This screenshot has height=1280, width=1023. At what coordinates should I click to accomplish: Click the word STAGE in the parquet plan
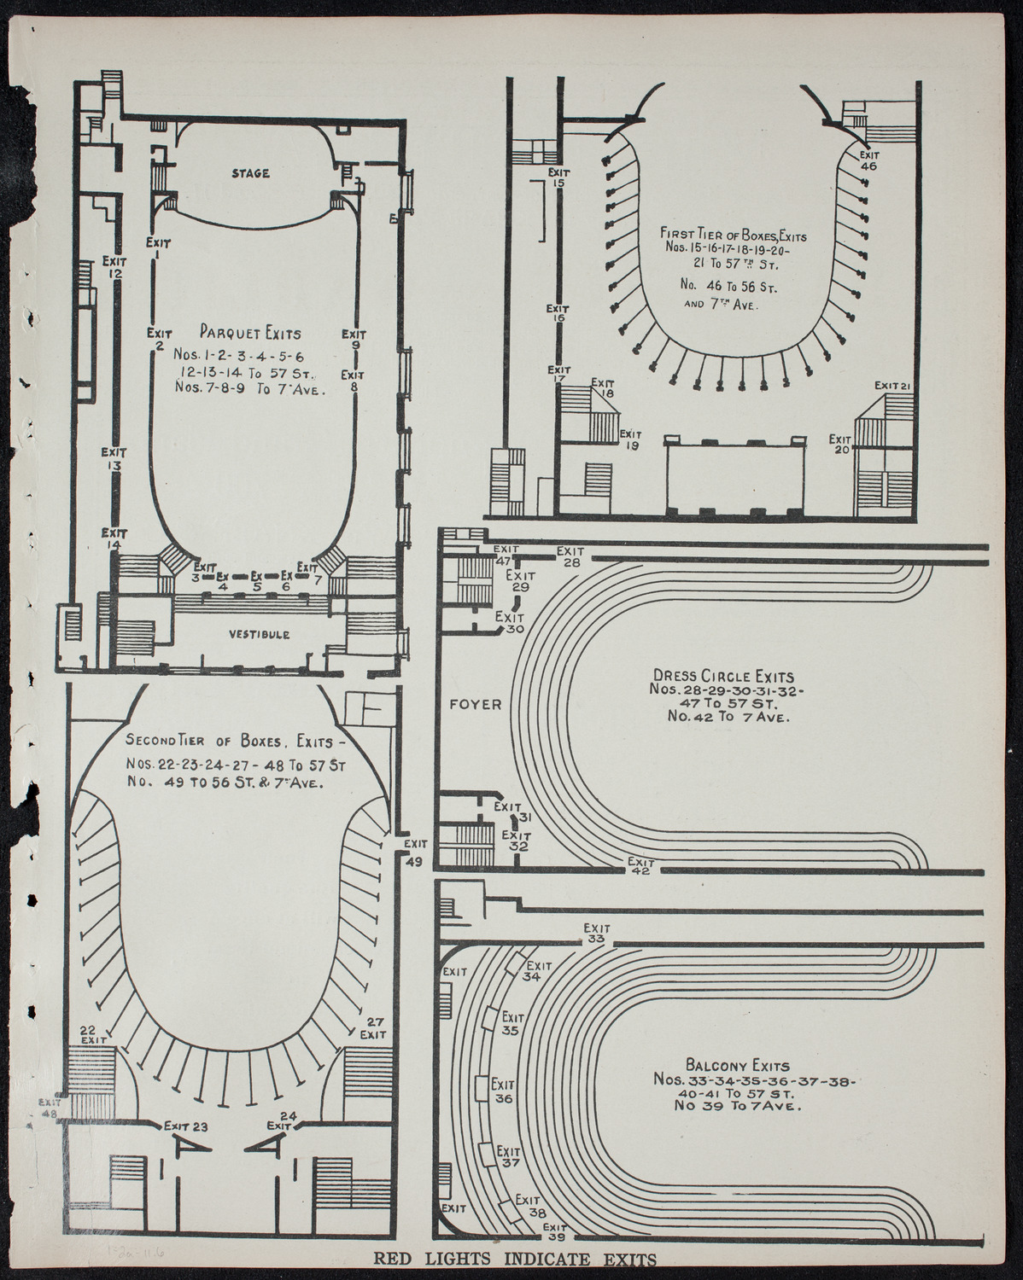click(250, 173)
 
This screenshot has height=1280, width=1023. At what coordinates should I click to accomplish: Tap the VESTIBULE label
click(259, 634)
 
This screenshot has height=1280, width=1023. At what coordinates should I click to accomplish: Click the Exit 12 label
click(114, 266)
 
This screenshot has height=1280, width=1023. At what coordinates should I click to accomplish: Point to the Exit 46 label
click(868, 160)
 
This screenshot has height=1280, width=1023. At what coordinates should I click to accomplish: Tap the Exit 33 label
click(595, 933)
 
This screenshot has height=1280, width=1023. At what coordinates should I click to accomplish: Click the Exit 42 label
click(640, 864)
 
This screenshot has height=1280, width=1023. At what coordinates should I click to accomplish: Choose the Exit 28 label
click(570, 556)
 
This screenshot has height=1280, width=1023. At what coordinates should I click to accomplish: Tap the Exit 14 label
click(113, 538)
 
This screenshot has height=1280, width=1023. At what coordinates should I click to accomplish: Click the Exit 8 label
click(353, 381)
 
